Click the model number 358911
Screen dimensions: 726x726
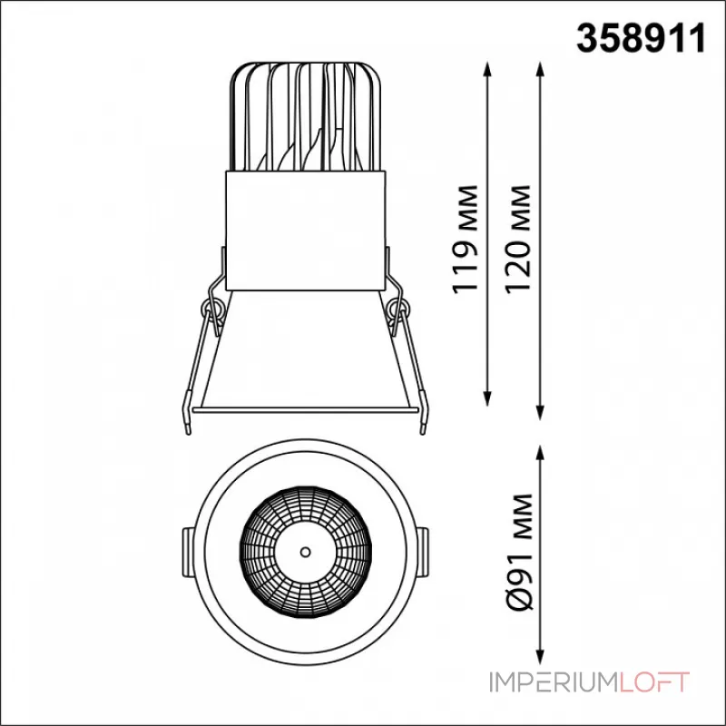(642, 39)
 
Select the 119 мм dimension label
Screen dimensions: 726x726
(465, 239)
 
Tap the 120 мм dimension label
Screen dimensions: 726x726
(517, 239)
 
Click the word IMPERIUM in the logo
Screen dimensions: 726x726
(552, 682)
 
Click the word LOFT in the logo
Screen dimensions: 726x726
(653, 682)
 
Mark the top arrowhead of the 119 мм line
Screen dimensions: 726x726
(487, 70)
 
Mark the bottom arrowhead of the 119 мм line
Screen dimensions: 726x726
(487, 398)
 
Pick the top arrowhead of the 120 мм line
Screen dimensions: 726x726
(540, 70)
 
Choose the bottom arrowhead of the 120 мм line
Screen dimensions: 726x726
(540, 412)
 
